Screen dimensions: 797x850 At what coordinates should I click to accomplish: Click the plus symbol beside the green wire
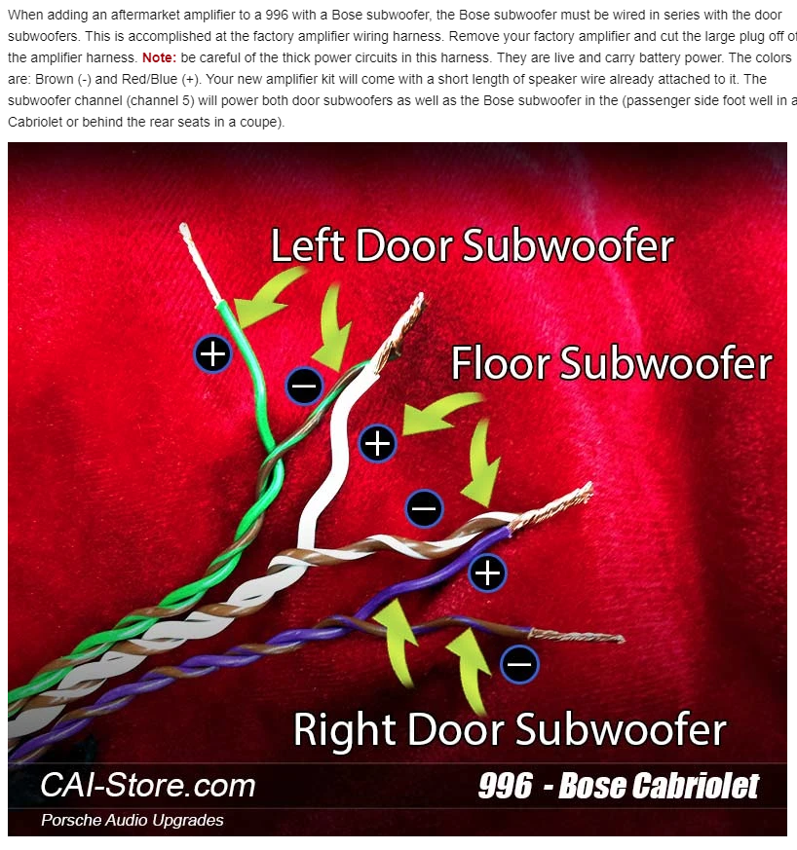(x=212, y=354)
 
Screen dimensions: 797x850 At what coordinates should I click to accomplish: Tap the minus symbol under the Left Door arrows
(x=304, y=386)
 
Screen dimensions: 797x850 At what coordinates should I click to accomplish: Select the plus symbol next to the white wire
(x=378, y=443)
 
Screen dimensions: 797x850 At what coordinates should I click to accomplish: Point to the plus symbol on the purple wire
(x=487, y=573)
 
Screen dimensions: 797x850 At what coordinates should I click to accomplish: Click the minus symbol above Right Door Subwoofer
(x=519, y=664)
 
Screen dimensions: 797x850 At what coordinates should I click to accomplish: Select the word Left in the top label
(x=307, y=245)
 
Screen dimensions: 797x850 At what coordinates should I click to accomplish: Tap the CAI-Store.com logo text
(x=148, y=785)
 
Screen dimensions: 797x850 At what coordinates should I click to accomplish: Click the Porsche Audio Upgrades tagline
(x=133, y=820)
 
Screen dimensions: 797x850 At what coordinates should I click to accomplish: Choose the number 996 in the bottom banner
(x=505, y=786)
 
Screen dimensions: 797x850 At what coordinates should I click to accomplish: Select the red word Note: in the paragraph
(x=159, y=57)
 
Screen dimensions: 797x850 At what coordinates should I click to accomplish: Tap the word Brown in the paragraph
(x=55, y=79)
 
